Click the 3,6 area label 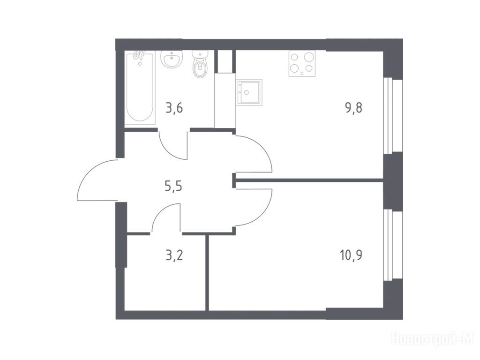point(174,108)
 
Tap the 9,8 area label point(354,108)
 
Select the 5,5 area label point(173,186)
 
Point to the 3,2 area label point(174,255)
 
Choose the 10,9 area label point(351,255)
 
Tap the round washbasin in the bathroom point(172,59)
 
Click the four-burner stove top point(302,63)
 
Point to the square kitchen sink point(249,92)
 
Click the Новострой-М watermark point(433,340)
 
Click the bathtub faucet point(139,56)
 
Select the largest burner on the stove point(309,57)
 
